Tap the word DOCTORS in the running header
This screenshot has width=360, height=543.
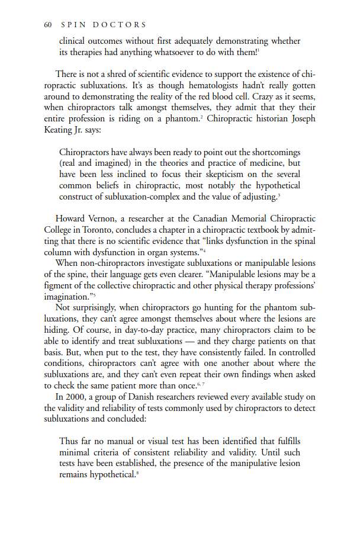click(x=121, y=25)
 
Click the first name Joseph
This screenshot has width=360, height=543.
click(x=300, y=118)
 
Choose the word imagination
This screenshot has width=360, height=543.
click(x=67, y=297)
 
